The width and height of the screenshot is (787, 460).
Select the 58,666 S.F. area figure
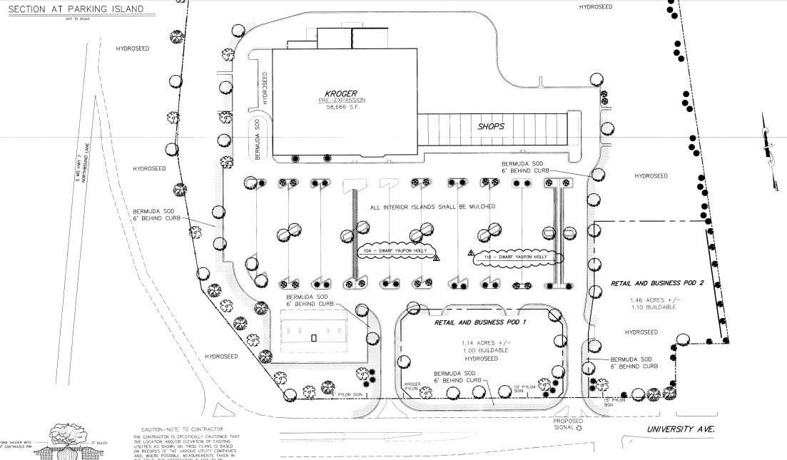[341, 108]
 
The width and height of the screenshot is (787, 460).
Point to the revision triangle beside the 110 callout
[471, 253]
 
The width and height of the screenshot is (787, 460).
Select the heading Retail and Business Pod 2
[656, 283]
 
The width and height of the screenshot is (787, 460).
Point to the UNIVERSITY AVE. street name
[680, 429]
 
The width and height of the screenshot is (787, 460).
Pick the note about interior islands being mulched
[432, 208]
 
